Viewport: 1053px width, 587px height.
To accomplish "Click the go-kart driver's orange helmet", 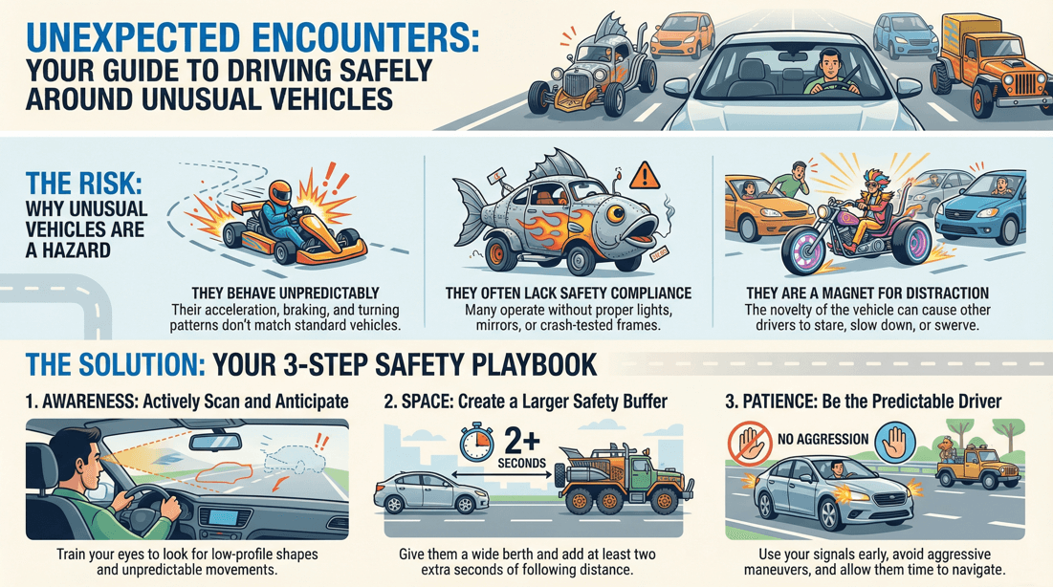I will tap(280, 190).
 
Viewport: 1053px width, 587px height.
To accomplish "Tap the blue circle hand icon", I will tap(895, 442).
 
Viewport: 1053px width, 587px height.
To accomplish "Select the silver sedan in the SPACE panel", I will tap(430, 492).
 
